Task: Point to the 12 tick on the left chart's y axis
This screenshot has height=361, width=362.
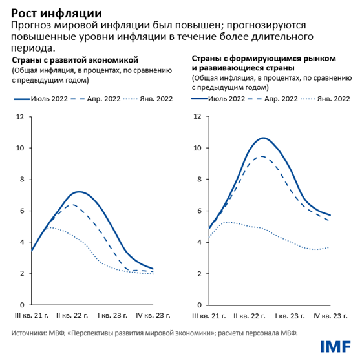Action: point(21,117)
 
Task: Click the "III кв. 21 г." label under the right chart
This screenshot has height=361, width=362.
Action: point(209,316)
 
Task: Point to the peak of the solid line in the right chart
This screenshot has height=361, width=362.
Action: point(262,138)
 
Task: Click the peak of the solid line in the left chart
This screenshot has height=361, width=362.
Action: point(79,192)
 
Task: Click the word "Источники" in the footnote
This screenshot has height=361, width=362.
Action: point(30,333)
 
